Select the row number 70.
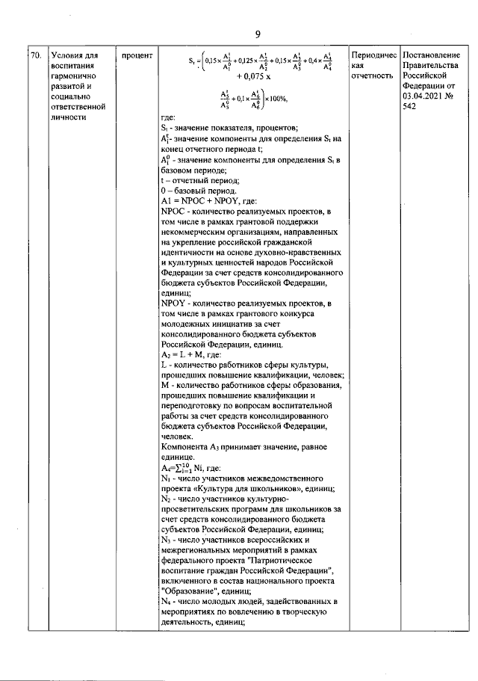point(35,55)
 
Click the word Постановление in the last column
point(432,55)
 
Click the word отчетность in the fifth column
point(372,76)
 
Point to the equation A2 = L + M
point(190,354)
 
